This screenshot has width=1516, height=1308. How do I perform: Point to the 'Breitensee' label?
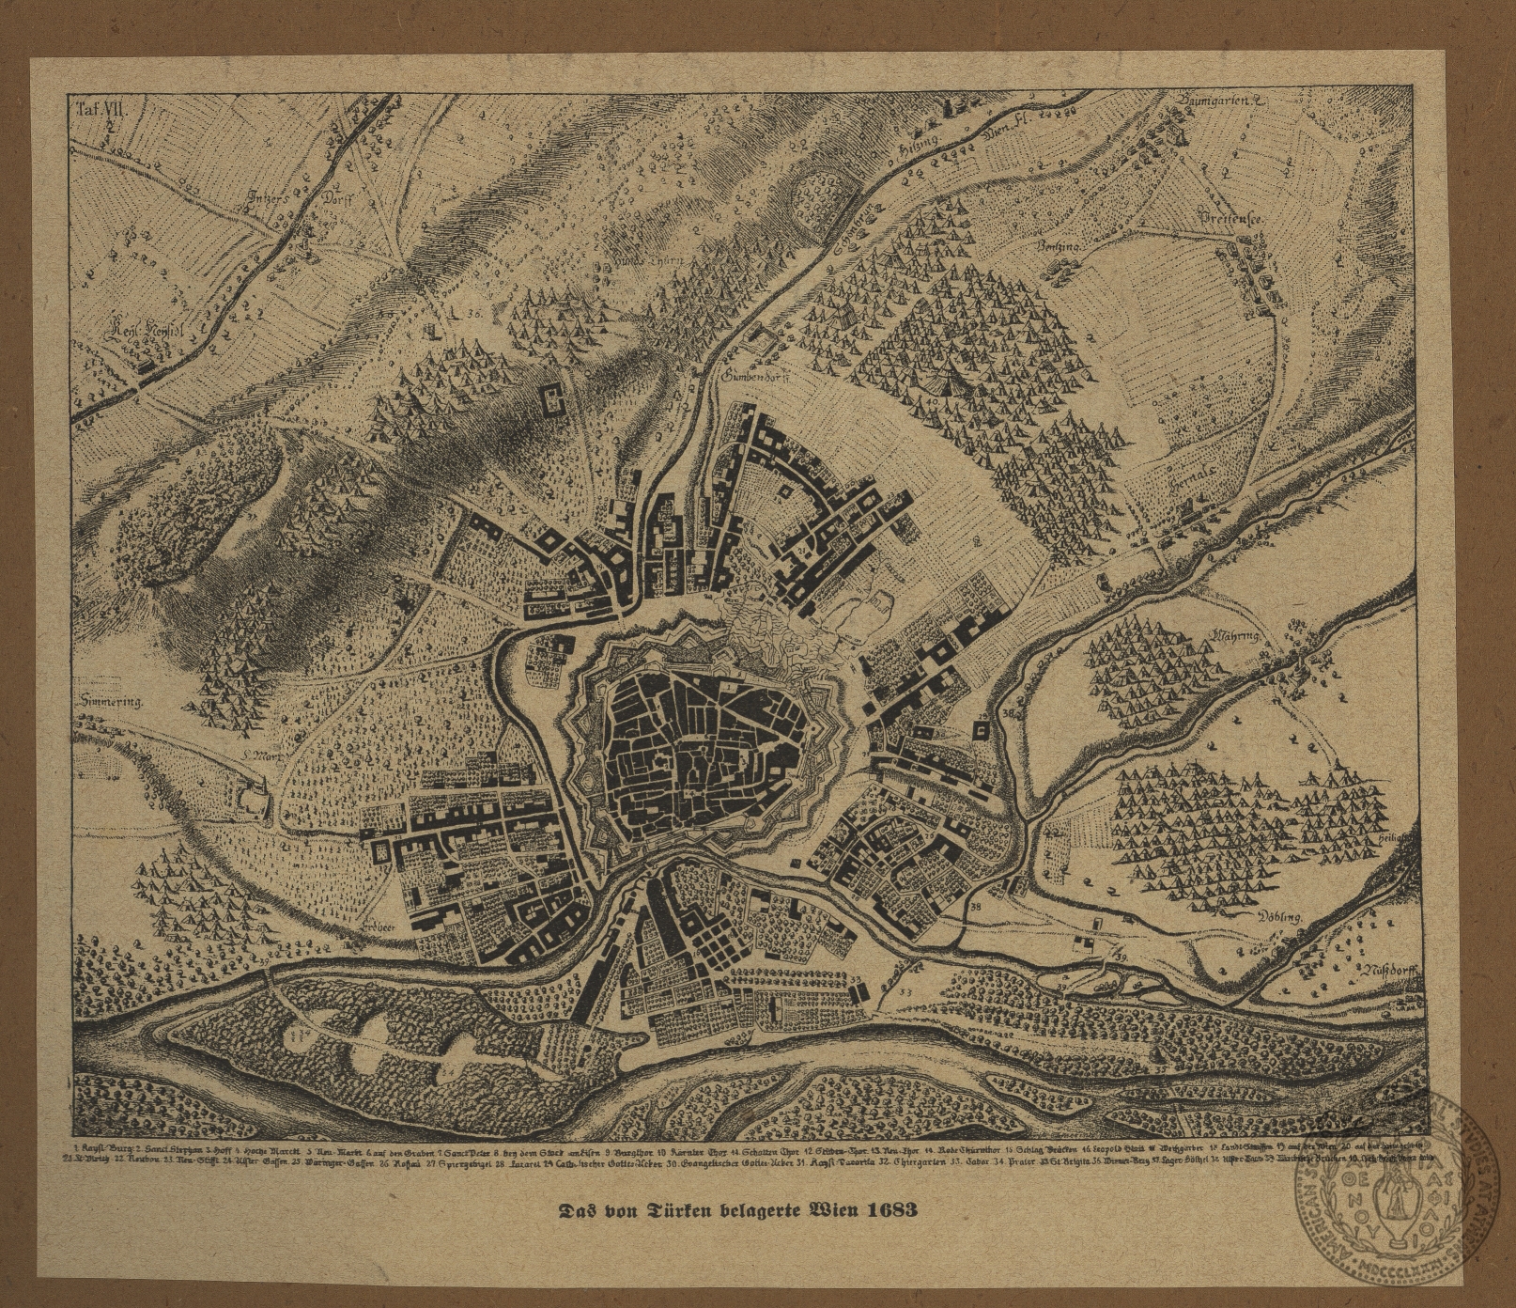(1233, 217)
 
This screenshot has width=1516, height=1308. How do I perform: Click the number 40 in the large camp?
(934, 402)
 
